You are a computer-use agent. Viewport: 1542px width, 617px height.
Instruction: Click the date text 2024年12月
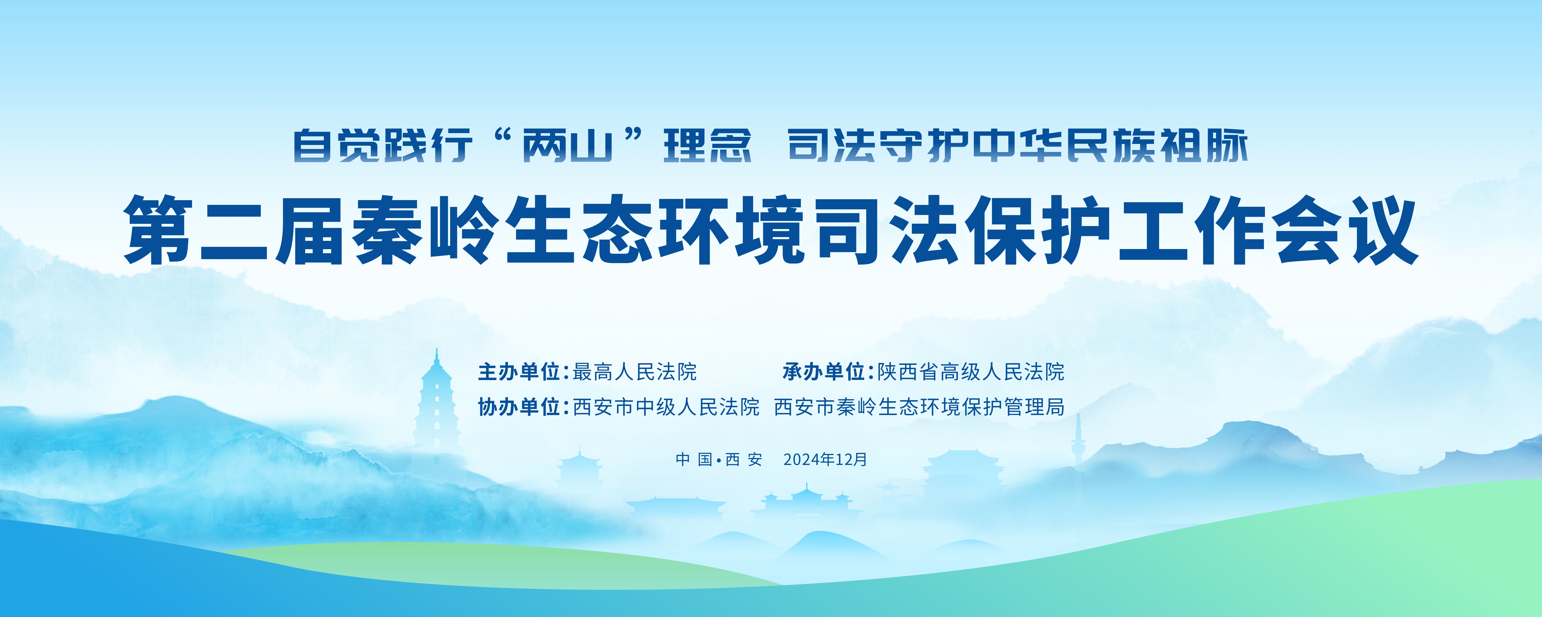point(825,460)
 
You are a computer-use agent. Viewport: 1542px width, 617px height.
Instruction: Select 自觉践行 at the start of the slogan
point(383,145)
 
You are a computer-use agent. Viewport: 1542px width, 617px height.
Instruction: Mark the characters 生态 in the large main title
point(576,230)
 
